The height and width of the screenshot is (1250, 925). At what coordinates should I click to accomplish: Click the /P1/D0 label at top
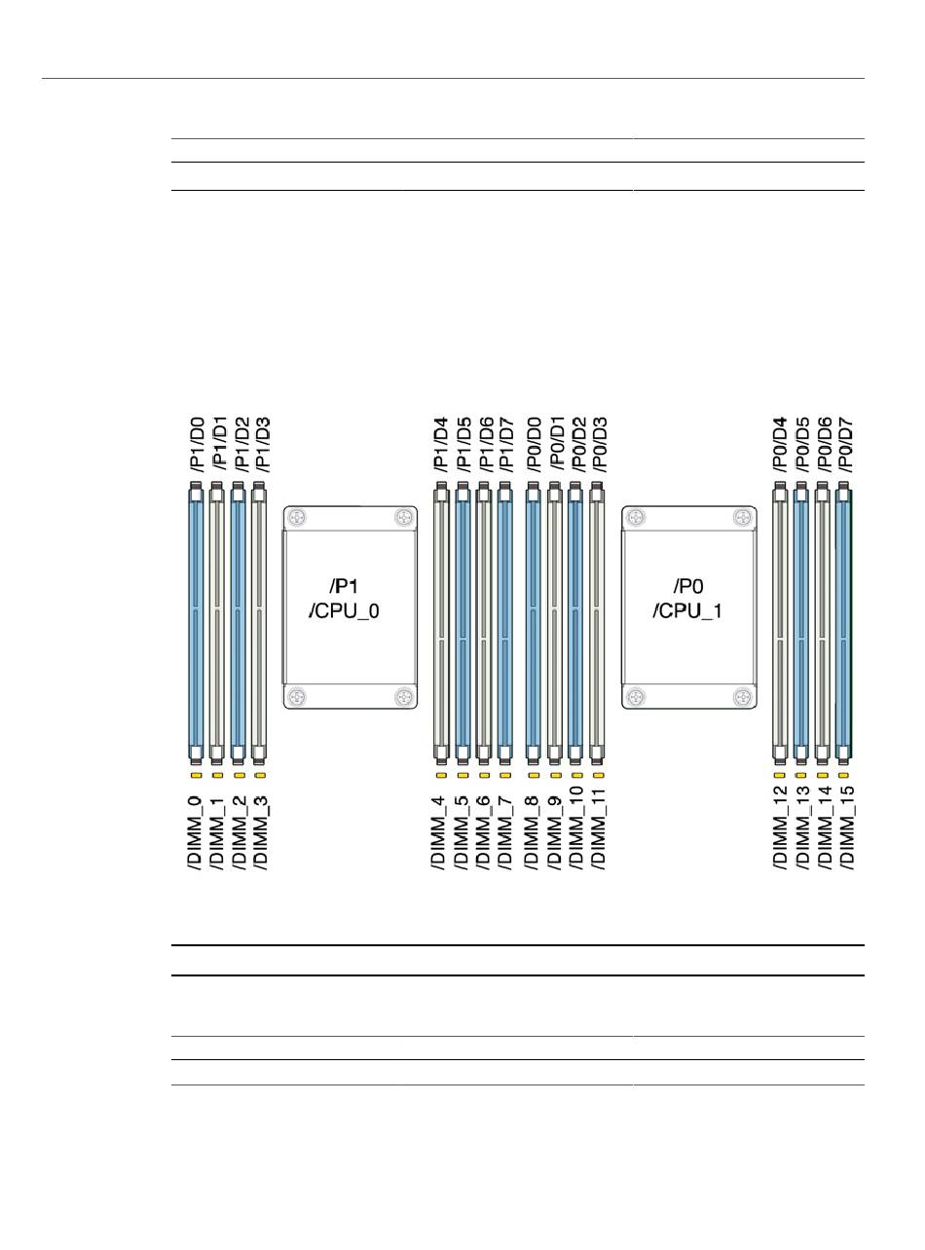[196, 445]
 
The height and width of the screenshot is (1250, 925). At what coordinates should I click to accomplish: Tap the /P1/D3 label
[261, 445]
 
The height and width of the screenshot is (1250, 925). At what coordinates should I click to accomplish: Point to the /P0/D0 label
[533, 445]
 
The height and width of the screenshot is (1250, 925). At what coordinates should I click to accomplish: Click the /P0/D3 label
[597, 445]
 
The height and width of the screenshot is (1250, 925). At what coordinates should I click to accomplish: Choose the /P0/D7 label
[844, 445]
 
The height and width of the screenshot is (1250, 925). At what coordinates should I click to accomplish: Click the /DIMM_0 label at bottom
[196, 830]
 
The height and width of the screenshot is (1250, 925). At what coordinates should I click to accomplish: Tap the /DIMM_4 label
[440, 830]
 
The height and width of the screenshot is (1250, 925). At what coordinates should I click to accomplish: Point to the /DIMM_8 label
[533, 830]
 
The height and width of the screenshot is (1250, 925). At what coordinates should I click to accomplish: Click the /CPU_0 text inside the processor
[350, 616]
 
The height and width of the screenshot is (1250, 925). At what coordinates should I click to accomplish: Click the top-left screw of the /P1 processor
[296, 518]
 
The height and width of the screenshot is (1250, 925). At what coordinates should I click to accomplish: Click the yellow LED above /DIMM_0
[196, 776]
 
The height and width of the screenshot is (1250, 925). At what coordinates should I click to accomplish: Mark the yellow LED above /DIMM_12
[779, 776]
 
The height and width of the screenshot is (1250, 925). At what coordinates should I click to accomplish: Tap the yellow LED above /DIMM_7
[504, 776]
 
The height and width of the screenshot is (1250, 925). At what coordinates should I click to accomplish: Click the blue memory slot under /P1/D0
[196, 623]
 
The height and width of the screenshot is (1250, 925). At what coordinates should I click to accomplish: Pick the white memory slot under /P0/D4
[779, 623]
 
